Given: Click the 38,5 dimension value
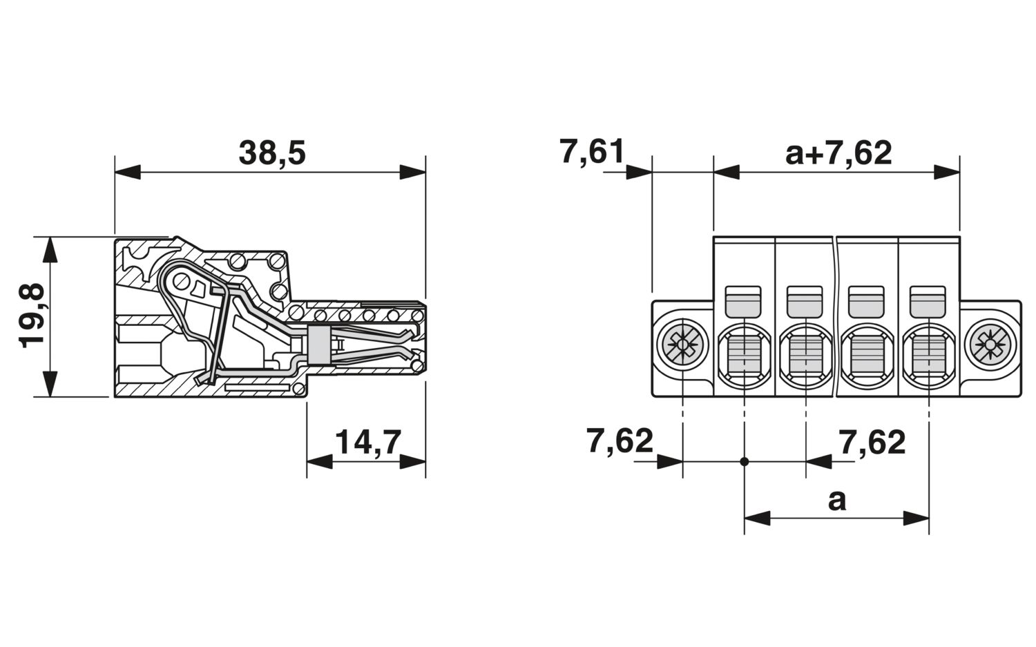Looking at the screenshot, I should point(272,153).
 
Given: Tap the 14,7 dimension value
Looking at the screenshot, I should point(367,442).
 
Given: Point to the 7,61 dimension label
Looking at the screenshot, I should point(592,152).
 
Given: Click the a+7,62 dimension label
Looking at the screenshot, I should point(838,153).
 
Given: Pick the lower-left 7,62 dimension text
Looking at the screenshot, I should point(620,441).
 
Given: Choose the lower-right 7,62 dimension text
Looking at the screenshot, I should point(872,442).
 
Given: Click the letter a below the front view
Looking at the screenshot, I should point(836,499).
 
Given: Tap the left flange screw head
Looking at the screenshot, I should point(682,344).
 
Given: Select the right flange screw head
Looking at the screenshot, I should point(990,344).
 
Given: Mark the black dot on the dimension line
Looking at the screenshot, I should point(744,461).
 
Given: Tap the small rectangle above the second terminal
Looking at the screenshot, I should point(805,302).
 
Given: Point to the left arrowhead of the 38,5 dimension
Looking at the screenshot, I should point(127,172).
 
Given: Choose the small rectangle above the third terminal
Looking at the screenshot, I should point(866,302).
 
